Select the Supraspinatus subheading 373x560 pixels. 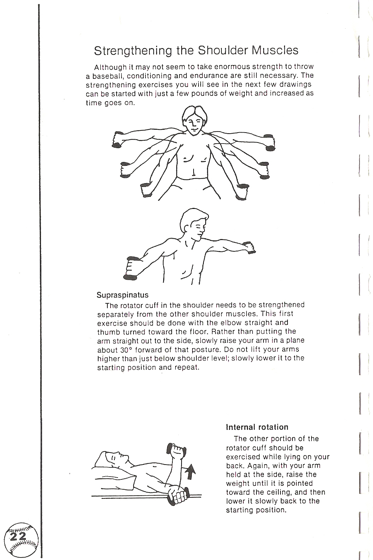123,295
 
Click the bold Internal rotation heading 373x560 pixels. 257,427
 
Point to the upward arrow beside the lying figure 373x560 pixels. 190,472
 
